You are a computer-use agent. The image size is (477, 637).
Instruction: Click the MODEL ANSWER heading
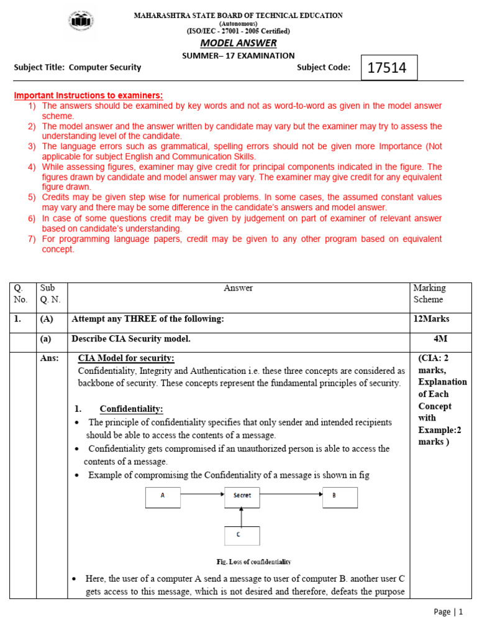click(238, 43)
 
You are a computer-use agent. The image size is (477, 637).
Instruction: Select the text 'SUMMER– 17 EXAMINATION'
click(238, 56)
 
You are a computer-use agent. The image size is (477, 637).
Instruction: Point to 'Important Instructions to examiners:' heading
click(88, 95)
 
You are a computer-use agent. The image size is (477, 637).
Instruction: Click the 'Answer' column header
click(238, 288)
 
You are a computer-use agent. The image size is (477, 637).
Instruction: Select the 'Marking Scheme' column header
click(429, 294)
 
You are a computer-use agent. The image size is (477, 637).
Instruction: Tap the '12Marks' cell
click(432, 319)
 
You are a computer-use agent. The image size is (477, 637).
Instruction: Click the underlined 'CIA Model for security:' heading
click(126, 358)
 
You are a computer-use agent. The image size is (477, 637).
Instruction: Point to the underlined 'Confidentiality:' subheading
click(131, 409)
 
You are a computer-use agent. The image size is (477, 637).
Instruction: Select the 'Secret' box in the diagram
click(242, 496)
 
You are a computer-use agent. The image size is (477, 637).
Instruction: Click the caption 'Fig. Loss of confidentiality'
click(245, 562)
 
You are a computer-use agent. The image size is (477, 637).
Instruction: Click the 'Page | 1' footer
click(448, 612)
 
